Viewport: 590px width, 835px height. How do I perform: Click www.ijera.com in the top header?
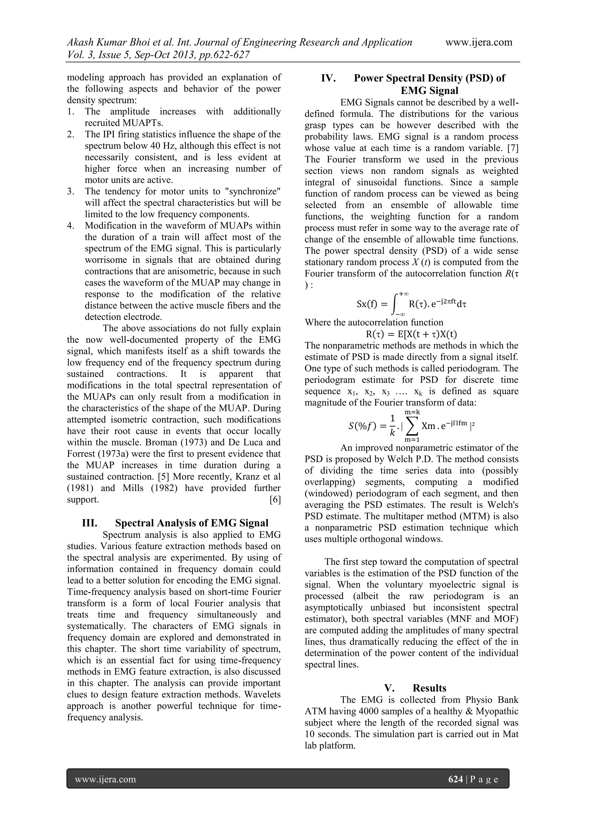[479, 42]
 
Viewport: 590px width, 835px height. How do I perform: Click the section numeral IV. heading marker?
[328, 78]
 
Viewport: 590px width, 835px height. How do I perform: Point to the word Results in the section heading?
[430, 688]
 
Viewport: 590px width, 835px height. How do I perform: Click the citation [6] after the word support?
[275, 500]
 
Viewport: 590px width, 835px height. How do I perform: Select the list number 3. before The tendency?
[71, 191]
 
